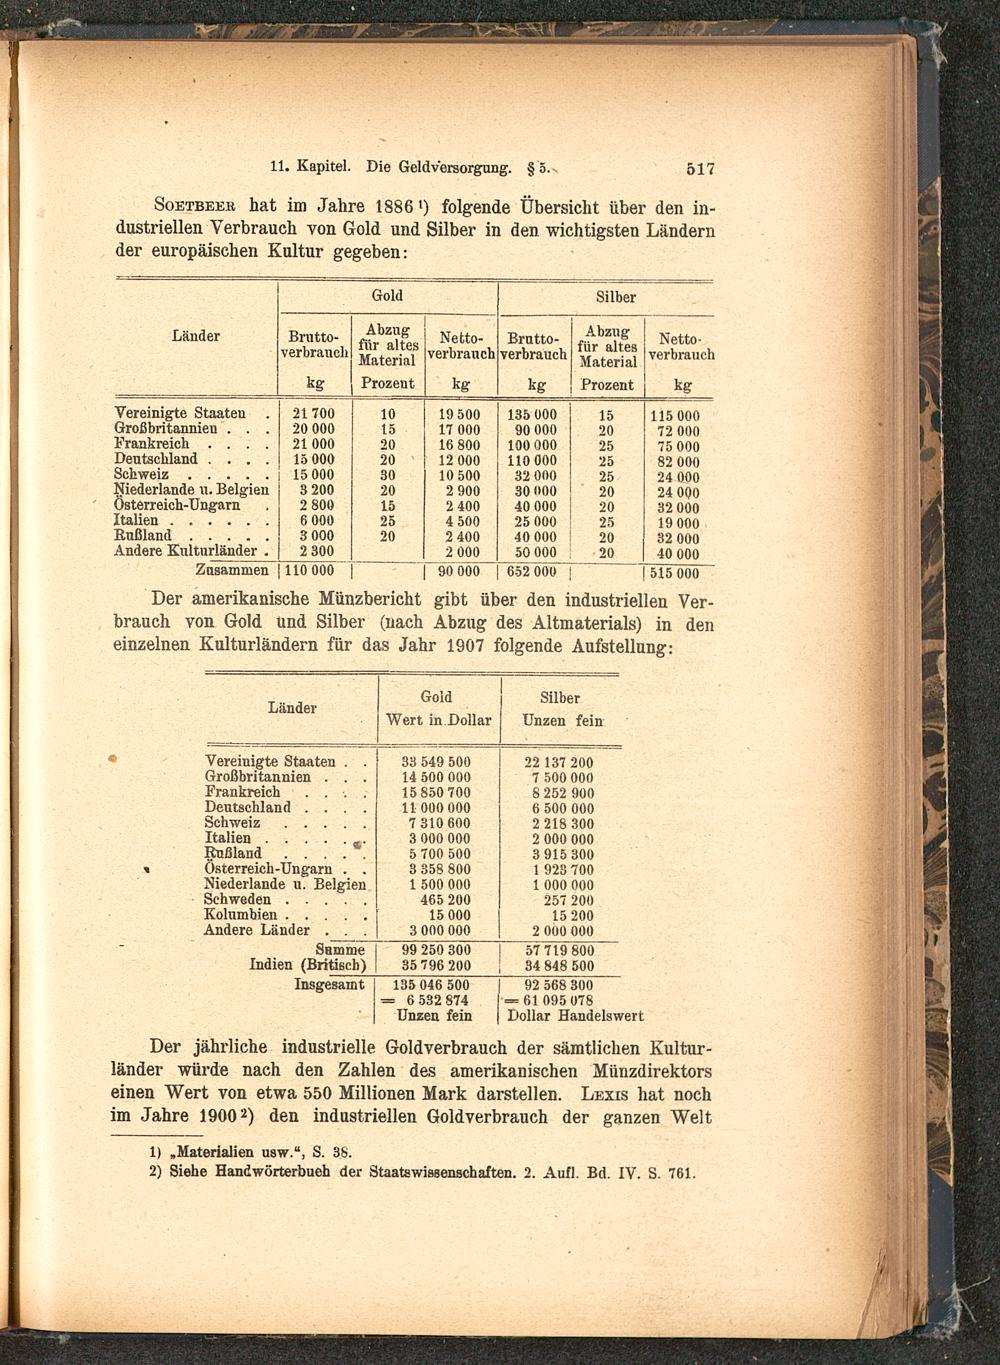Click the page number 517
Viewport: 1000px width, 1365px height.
coord(700,169)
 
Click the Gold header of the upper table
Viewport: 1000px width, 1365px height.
coord(387,295)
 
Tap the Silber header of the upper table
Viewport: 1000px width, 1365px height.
coord(615,297)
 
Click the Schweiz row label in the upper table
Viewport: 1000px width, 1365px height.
coord(141,475)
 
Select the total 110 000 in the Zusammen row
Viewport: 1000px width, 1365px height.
coord(309,572)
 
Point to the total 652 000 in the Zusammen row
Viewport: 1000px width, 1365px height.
coord(532,572)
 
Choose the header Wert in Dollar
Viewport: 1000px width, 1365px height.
coord(438,720)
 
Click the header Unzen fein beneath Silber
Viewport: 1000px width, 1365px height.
coord(562,720)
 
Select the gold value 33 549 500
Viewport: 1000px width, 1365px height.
coord(435,762)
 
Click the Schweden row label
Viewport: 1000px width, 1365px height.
coord(237,900)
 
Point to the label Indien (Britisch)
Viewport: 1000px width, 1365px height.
coord(308,965)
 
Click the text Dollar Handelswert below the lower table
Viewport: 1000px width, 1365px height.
coord(575,1016)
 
